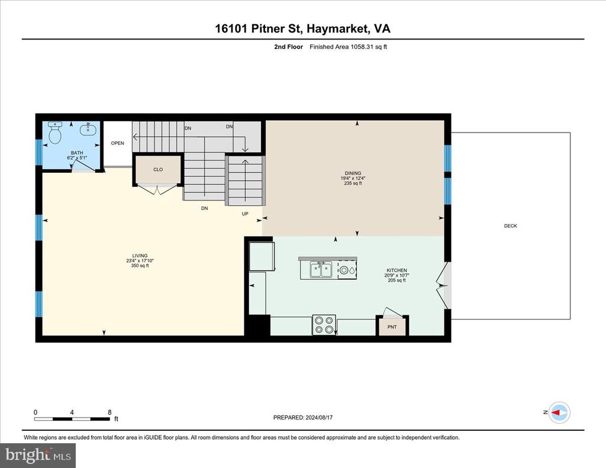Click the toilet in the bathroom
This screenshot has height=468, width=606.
click(x=55, y=133)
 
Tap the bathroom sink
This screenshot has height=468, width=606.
click(x=89, y=129)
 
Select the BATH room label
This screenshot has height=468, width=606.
click(x=77, y=153)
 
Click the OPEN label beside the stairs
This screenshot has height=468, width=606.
click(x=118, y=143)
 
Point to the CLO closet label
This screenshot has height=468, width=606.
click(x=158, y=169)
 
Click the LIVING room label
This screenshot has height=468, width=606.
click(x=140, y=256)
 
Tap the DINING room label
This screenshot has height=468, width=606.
click(x=353, y=173)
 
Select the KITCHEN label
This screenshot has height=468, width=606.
click(x=397, y=270)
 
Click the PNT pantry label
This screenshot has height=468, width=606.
click(x=392, y=327)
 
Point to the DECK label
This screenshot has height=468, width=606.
click(x=511, y=225)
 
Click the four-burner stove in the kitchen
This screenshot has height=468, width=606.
click(x=324, y=325)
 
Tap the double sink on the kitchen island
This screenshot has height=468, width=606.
click(x=321, y=270)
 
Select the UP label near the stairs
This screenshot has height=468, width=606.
click(x=245, y=214)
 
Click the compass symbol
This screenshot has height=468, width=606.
click(x=560, y=412)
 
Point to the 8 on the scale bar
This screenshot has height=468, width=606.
click(x=109, y=412)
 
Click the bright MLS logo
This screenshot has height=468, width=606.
click(x=38, y=455)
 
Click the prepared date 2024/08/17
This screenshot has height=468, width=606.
click(x=319, y=417)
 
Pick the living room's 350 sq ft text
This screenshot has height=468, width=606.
click(x=140, y=266)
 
